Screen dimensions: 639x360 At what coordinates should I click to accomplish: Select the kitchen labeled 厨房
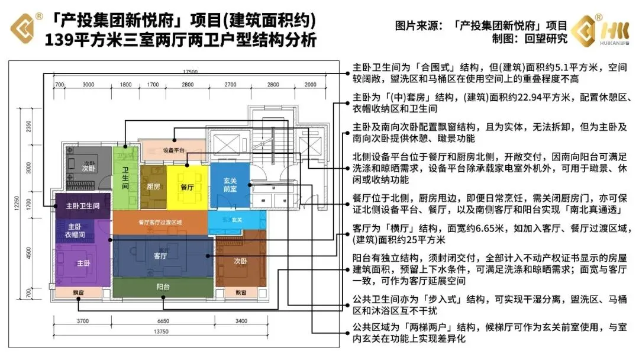click(x=153, y=187)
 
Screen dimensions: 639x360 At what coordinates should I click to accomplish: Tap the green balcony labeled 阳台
click(x=163, y=287)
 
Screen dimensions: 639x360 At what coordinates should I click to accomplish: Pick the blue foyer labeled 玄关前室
click(x=230, y=185)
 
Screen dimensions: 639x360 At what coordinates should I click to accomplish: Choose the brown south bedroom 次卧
click(x=240, y=261)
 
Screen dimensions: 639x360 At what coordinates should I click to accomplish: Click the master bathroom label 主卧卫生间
click(x=82, y=205)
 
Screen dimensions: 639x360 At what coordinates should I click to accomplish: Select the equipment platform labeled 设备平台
click(x=173, y=150)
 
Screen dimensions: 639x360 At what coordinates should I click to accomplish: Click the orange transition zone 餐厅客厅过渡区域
click(x=160, y=223)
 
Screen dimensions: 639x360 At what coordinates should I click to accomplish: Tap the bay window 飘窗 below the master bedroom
click(x=79, y=292)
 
